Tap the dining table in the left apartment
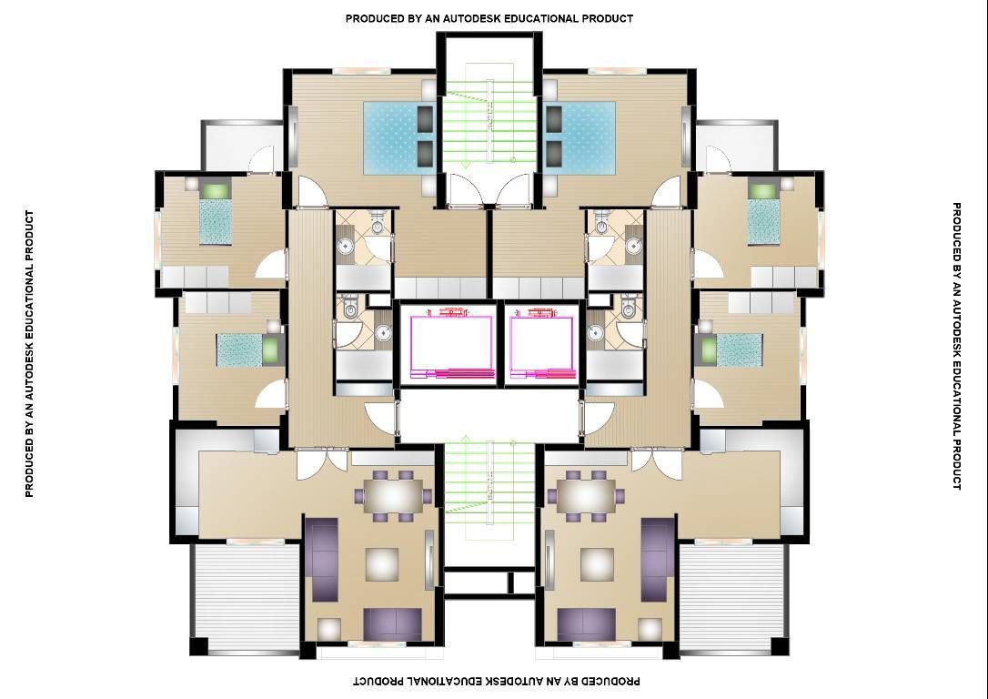pyautogui.click(x=396, y=495)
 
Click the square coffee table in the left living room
pyautogui.click(x=382, y=563)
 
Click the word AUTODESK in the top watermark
pyautogui.click(x=472, y=18)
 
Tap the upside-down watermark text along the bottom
pyautogui.click(x=497, y=682)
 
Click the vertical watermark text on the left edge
pyautogui.click(x=30, y=354)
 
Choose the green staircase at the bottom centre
pyautogui.click(x=489, y=488)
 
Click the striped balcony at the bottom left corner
pyautogui.click(x=246, y=597)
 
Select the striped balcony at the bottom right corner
pyautogui.click(x=732, y=597)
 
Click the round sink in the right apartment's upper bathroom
pyautogui.click(x=634, y=246)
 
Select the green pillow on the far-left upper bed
pyautogui.click(x=217, y=189)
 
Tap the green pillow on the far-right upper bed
pyautogui.click(x=763, y=189)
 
